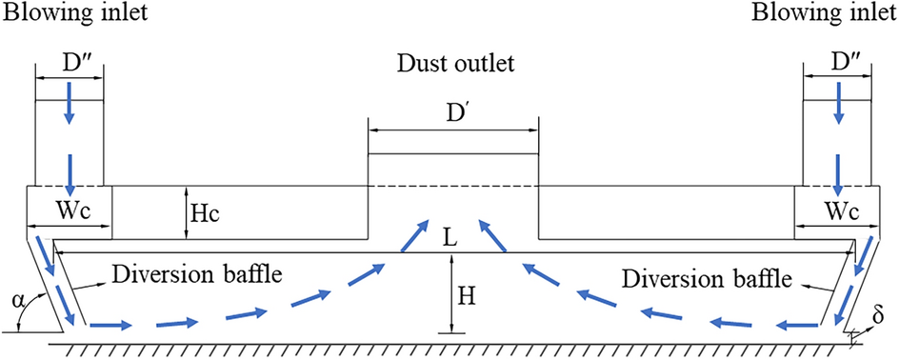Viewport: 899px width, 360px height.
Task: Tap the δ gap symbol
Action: tap(879, 315)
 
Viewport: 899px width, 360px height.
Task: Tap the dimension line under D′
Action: tap(453, 129)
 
